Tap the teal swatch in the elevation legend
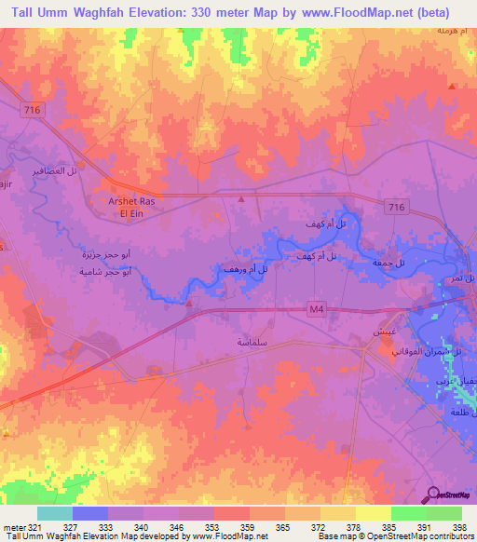[x=55, y=513]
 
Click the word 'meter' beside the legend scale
[x=14, y=526]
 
